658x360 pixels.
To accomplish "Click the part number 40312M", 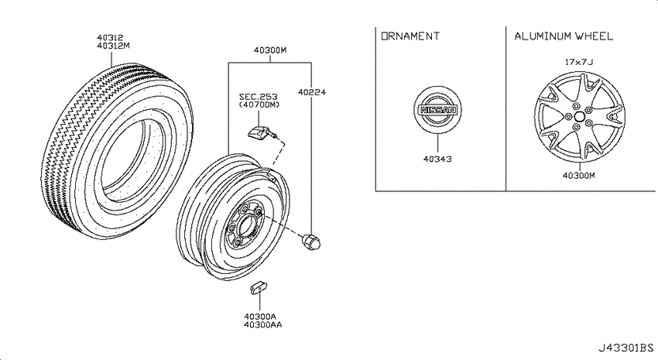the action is (113, 46).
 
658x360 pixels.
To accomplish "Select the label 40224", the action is (312, 92).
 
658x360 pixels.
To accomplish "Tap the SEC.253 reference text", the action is (258, 97).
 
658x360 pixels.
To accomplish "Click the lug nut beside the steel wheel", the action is (311, 242).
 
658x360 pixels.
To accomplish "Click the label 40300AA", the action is (263, 324).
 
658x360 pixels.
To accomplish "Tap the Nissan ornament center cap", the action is (437, 110).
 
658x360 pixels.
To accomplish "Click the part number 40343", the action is (437, 159).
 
